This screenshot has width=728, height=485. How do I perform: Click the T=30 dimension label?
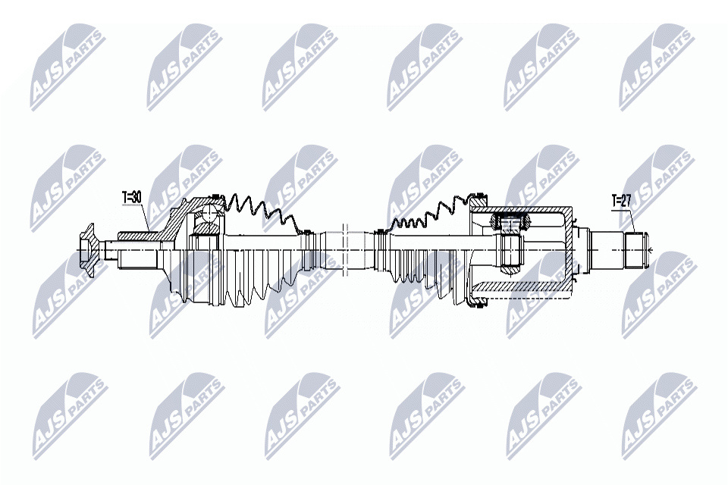132,198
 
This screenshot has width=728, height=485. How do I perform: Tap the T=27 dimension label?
622,201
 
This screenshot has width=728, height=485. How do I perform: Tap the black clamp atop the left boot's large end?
215,197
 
